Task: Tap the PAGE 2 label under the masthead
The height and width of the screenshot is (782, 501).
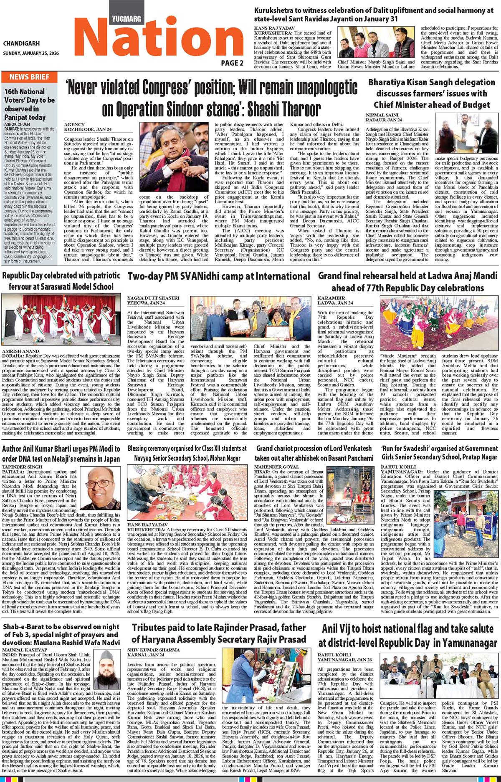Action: (232, 63)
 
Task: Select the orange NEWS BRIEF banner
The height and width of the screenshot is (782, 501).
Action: (29, 77)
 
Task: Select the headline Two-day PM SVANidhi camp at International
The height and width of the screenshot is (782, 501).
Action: (219, 276)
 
